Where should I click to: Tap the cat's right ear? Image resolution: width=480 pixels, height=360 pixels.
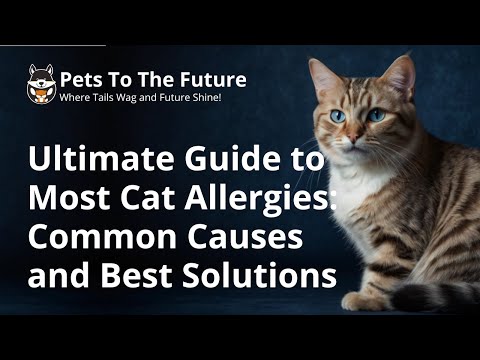[400, 75]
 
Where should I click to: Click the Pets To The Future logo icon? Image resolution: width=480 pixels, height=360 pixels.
[41, 86]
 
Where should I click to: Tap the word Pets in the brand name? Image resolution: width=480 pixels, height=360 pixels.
[80, 79]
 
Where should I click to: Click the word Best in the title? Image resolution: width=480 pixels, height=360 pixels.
[149, 274]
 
